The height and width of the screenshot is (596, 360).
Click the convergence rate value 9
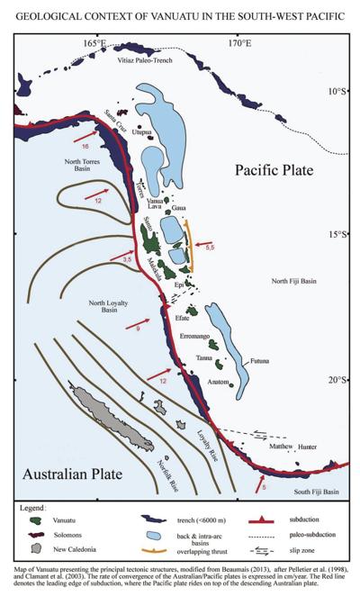click(x=137, y=330)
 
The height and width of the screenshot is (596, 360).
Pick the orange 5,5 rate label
click(x=209, y=246)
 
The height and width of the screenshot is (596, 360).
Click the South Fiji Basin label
click(x=317, y=492)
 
